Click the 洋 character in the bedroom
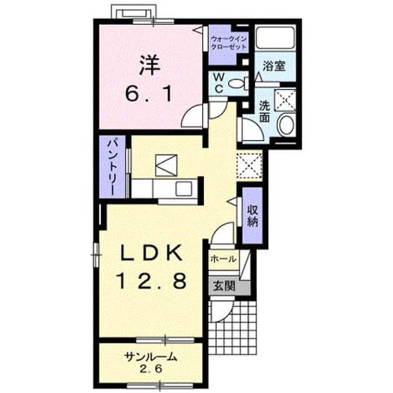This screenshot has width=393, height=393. pyautogui.click(x=150, y=65)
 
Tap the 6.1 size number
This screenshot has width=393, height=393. pyautogui.click(x=149, y=94)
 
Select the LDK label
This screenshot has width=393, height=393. pyautogui.click(x=152, y=253)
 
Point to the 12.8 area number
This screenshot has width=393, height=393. pyautogui.click(x=152, y=281)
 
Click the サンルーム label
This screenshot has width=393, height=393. pyautogui.click(x=151, y=357)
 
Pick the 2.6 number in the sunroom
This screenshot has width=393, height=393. pyautogui.click(x=151, y=369)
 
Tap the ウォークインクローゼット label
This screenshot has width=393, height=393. pyautogui.click(x=228, y=43)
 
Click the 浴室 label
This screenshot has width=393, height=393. pyautogui.click(x=274, y=66)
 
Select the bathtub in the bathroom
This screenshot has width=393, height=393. pyautogui.click(x=276, y=37)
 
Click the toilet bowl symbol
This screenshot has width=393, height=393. pyautogui.click(x=239, y=84)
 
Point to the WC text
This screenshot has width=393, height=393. pyautogui.click(x=219, y=83)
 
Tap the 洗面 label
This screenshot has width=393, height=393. pyautogui.click(x=264, y=111)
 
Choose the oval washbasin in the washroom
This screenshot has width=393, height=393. pyautogui.click(x=287, y=125)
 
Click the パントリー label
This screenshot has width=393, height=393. pyautogui.click(x=112, y=167)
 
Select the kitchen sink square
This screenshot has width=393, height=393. pyautogui.click(x=184, y=189)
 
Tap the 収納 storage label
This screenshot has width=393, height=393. pyautogui.click(x=253, y=216)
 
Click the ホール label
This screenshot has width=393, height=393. pyautogui.click(x=223, y=259)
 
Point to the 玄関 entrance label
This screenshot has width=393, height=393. pyautogui.click(x=225, y=286)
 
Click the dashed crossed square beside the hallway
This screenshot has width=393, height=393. pyautogui.click(x=250, y=165)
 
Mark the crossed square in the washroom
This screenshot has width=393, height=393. pyautogui.click(x=286, y=100)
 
